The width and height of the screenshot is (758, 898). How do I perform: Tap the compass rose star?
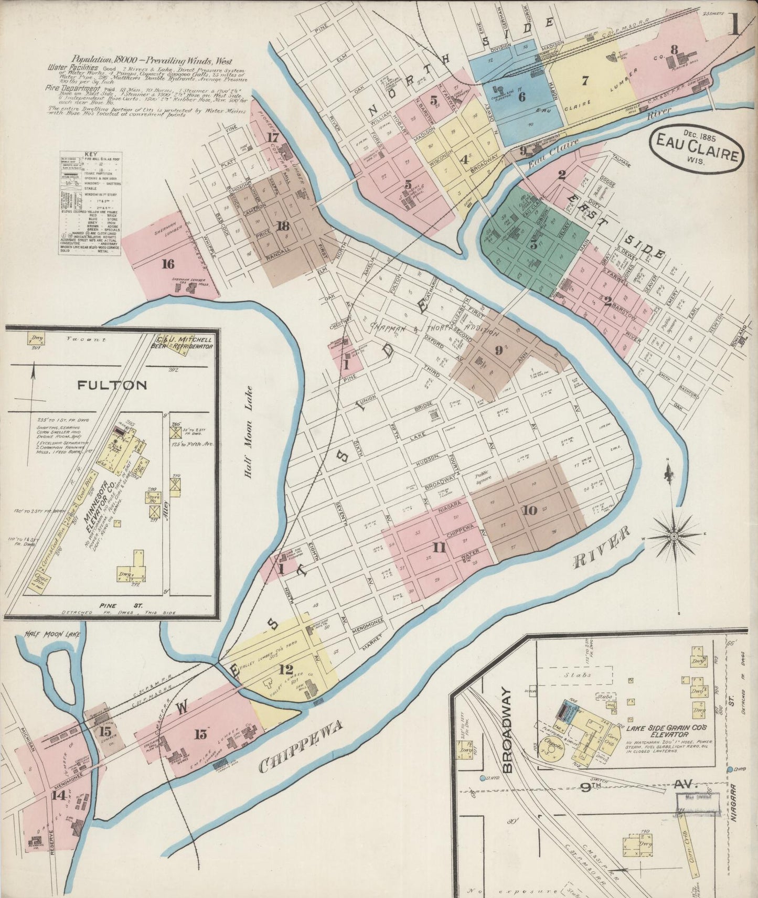pyautogui.click(x=673, y=536)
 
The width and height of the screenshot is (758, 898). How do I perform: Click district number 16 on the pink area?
pyautogui.click(x=168, y=264)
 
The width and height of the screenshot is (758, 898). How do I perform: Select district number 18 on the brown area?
pyautogui.click(x=283, y=227)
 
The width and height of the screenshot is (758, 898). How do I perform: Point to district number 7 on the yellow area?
pyautogui.click(x=585, y=80)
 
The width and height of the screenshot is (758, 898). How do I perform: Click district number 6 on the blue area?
pyautogui.click(x=521, y=97)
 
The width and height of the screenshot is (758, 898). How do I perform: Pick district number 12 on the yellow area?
pyautogui.click(x=286, y=670)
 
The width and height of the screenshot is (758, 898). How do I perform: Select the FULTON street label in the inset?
pyautogui.click(x=112, y=386)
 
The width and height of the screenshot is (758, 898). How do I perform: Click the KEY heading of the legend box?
pyautogui.click(x=90, y=155)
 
